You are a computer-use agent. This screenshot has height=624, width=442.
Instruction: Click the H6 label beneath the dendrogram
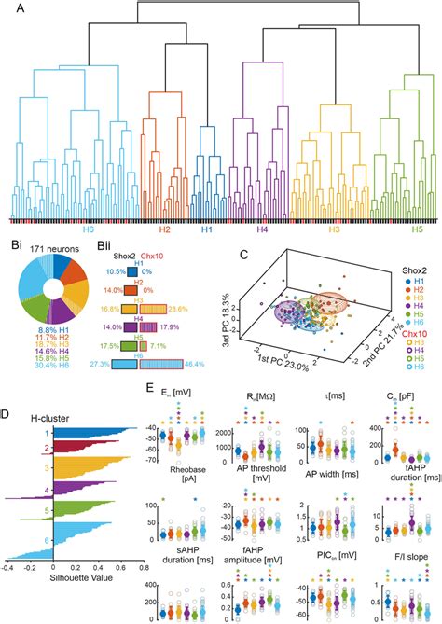[x=89, y=228]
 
